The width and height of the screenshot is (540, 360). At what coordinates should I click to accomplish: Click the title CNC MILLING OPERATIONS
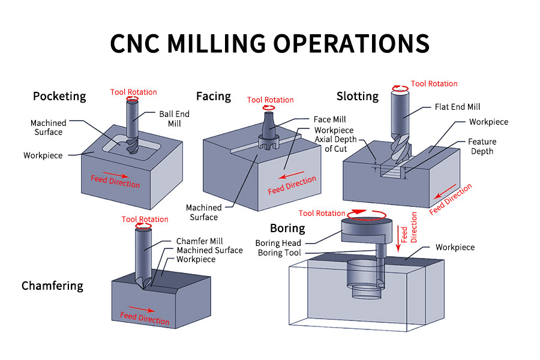pos(270,44)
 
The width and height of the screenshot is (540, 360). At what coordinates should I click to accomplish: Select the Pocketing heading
pos(59,96)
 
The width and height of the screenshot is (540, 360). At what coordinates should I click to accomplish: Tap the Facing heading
pos(214,96)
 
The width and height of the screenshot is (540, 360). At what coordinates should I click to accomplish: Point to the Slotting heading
pos(358,96)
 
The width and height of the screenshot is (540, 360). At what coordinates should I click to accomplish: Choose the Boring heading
pos(287,228)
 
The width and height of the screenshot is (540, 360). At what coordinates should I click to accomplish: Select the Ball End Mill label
pos(174,118)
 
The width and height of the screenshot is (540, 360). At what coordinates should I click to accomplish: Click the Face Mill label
pos(329,119)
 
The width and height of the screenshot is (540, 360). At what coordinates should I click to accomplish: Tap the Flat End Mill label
pos(457,107)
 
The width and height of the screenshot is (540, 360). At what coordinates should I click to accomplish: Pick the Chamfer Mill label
pos(199,241)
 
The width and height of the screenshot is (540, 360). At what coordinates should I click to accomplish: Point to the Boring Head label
pos(278,243)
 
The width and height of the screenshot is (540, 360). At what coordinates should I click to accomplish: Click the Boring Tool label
pos(278,253)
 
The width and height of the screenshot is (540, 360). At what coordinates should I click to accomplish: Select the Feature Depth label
pos(481,146)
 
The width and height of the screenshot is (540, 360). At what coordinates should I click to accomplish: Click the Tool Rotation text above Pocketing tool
pos(133,92)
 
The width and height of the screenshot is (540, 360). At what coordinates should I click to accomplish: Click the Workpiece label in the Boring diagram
pos(455,247)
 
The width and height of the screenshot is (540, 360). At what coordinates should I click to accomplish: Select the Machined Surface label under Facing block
pos(204,212)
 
